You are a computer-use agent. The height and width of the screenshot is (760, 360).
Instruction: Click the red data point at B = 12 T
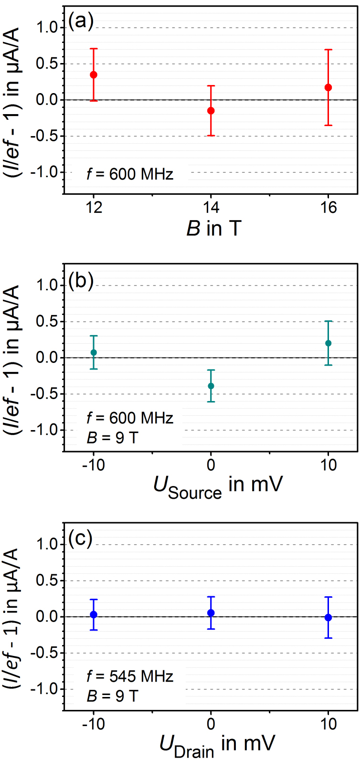(94, 75)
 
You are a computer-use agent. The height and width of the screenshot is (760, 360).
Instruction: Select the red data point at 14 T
(211, 111)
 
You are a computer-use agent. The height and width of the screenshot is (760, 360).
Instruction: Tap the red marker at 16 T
(328, 87)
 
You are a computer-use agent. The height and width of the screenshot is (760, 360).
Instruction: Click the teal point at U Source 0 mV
(211, 386)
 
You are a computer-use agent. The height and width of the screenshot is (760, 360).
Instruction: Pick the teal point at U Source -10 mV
(94, 352)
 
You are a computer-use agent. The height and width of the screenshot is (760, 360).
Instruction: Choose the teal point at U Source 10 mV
(328, 343)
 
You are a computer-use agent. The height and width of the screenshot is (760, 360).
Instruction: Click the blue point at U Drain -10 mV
(94, 614)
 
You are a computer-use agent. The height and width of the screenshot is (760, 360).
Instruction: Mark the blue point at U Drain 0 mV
(211, 613)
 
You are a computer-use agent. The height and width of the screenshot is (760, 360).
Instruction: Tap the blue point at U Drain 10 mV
(328, 617)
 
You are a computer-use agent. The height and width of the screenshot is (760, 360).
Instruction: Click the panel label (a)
(80, 21)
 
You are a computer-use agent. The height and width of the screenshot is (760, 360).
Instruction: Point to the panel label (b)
(80, 281)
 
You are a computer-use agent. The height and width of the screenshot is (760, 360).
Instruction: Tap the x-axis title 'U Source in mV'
(218, 486)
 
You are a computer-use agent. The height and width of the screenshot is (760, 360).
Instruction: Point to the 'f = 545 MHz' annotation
(130, 676)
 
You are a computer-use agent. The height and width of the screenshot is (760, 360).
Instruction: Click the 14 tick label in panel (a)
(211, 207)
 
